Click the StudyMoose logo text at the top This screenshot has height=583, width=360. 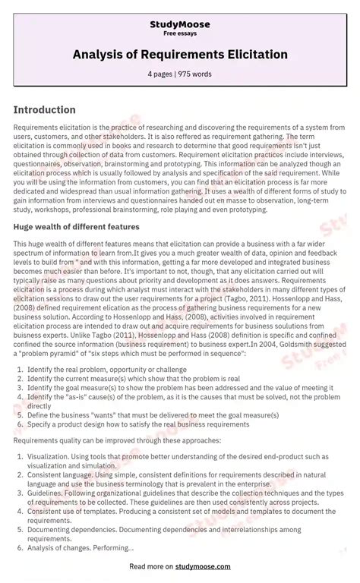pos(180,24)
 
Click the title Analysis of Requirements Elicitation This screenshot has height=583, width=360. pos(180,55)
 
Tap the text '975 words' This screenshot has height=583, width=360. pos(194,74)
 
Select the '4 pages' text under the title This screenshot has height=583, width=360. pos(160,74)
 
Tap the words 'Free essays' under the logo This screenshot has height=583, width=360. pos(180,34)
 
